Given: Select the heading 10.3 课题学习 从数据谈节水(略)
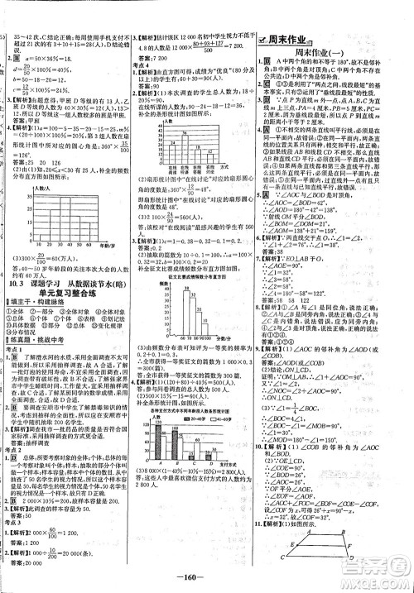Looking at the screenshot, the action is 65,302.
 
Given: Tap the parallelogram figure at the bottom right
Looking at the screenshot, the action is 335,540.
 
